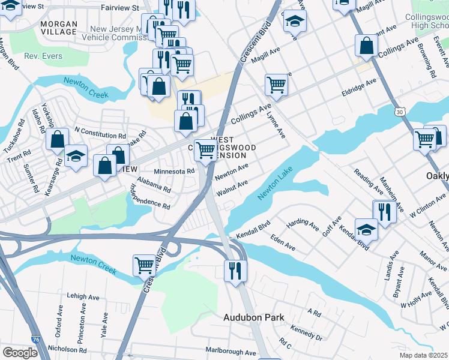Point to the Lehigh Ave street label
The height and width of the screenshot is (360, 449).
click(x=83, y=296)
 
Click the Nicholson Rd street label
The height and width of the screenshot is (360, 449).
click(x=67, y=349)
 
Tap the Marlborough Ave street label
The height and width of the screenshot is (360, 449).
click(x=231, y=352)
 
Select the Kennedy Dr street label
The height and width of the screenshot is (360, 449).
click(x=306, y=332)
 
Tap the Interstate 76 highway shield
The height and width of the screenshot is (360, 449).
click(x=36, y=340)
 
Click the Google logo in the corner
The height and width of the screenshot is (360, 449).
click(x=20, y=352)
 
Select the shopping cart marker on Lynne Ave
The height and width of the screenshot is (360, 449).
click(x=276, y=84)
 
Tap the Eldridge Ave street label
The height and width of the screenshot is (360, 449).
click(x=359, y=88)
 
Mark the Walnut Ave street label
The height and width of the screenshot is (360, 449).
click(x=232, y=187)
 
